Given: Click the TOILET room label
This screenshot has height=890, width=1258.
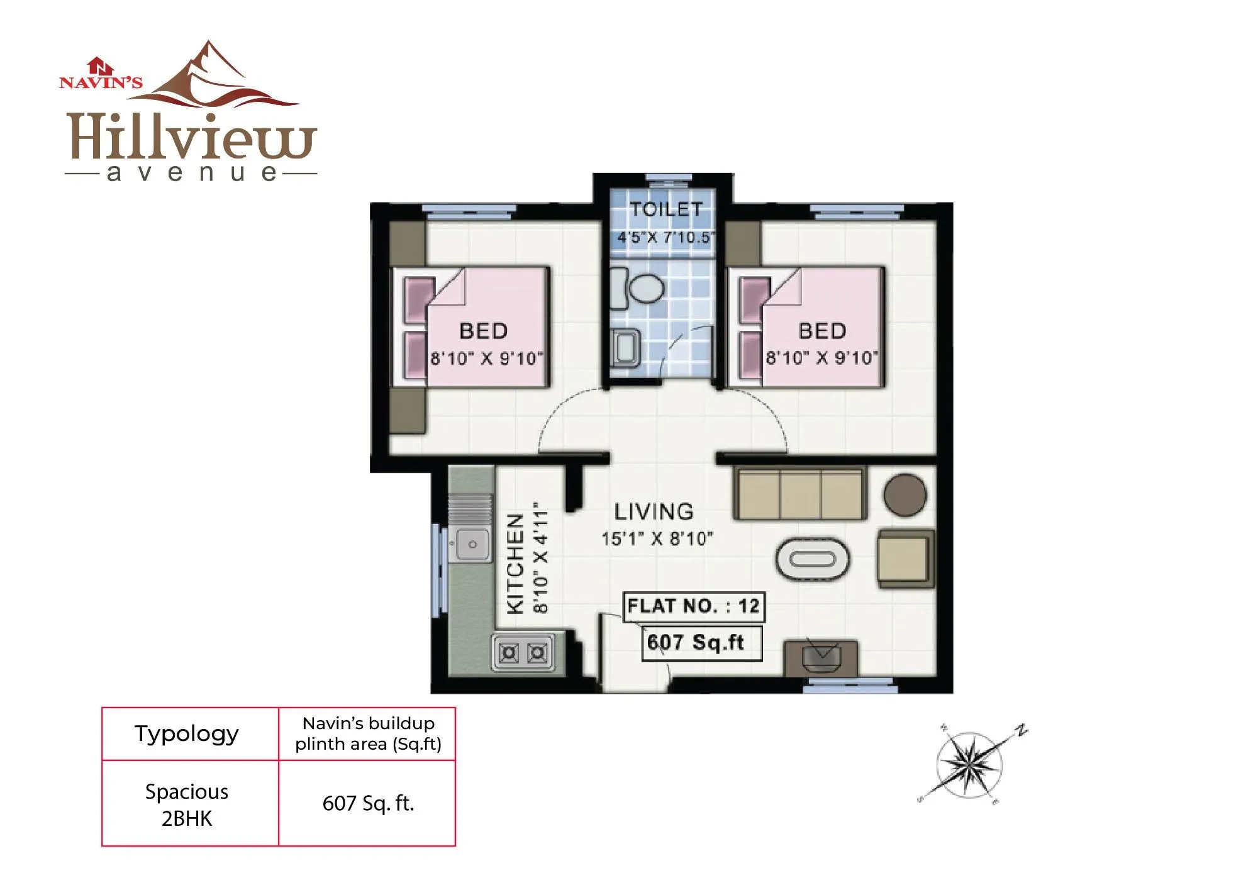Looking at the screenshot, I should [666, 209].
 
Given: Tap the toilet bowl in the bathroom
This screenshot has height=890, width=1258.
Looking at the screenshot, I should [645, 288].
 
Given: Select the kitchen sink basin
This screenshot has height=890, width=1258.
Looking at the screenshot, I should [470, 544].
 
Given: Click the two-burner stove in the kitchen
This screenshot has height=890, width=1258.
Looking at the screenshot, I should [523, 654].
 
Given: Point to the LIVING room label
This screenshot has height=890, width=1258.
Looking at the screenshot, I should [654, 511].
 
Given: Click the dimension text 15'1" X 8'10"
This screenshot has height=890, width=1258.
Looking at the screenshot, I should [657, 539].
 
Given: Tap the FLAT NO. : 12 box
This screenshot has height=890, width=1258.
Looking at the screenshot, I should [694, 606].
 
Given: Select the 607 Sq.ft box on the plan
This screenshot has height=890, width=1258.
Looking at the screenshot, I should [701, 643].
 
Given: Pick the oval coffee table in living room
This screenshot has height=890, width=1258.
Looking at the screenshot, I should [813, 559].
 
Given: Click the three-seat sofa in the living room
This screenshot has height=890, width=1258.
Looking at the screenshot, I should [799, 494].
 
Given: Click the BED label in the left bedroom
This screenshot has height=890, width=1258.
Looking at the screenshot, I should [483, 331].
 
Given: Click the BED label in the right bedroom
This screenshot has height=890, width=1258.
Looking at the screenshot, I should [822, 331].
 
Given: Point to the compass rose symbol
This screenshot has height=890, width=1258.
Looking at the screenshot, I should [969, 765].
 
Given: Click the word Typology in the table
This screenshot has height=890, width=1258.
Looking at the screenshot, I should [187, 733].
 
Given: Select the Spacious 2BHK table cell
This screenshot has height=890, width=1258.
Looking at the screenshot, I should [187, 804].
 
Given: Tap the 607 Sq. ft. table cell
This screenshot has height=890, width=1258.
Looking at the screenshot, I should [368, 803].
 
